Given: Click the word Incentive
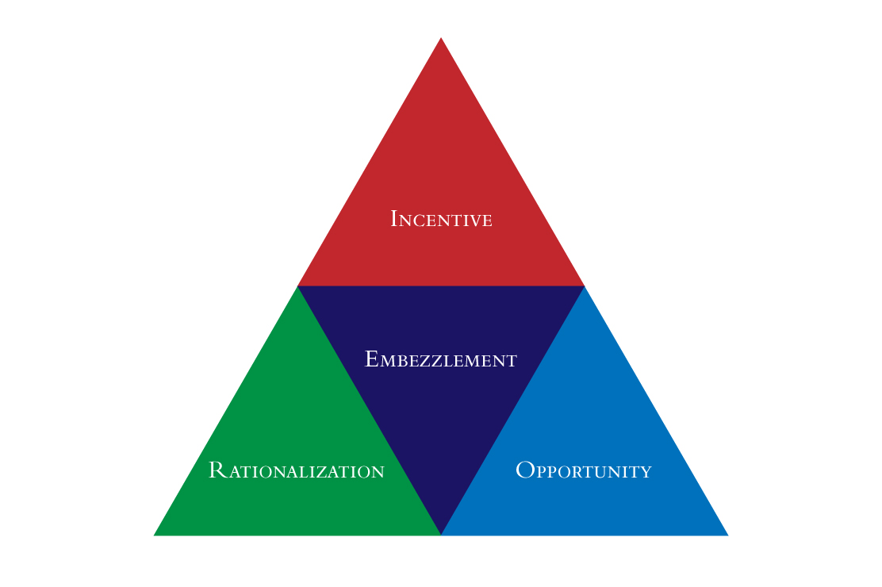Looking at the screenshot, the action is [x=441, y=219].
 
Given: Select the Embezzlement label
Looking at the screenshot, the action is [x=441, y=359].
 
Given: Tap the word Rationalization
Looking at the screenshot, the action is [x=297, y=470].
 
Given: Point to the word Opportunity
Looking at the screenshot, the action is [x=584, y=470].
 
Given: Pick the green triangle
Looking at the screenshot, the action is [x=297, y=451].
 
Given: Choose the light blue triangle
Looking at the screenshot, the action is [x=585, y=451].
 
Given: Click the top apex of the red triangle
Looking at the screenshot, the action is [x=441, y=38].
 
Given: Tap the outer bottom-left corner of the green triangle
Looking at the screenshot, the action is [x=154, y=535].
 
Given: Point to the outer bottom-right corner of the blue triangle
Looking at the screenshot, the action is [x=728, y=535].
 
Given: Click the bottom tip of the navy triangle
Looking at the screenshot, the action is [x=441, y=535].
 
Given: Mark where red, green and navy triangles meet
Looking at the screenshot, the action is [x=297, y=286].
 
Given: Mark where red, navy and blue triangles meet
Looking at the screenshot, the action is [x=585, y=286].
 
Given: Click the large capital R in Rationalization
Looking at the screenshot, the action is [x=217, y=470].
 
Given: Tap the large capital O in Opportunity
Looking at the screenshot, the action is [x=525, y=470].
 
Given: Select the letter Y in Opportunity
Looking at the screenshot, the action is [x=645, y=472].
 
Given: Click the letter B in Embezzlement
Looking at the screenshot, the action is [x=401, y=361].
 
